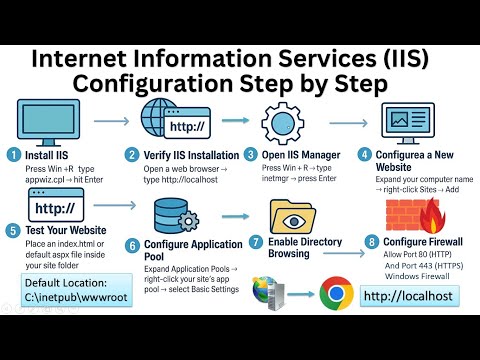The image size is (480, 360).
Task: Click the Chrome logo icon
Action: [337, 294]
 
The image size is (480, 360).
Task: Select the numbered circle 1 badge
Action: [12, 155]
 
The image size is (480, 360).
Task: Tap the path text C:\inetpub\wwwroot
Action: [77, 298]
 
